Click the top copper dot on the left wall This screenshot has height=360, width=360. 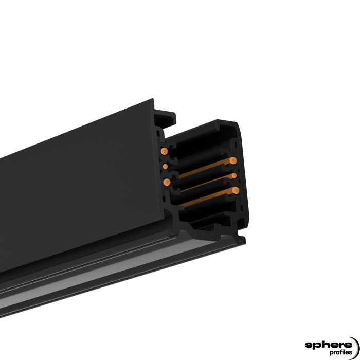pyautogui.click(x=164, y=151)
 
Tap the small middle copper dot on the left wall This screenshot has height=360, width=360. pyautogui.click(x=165, y=166)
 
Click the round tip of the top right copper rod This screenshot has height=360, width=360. pyautogui.click(x=233, y=160)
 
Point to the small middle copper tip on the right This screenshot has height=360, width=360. pyautogui.click(x=235, y=176)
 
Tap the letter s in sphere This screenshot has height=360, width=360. pyautogui.click(x=308, y=344)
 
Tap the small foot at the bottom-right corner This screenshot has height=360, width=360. pyautogui.click(x=241, y=239)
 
